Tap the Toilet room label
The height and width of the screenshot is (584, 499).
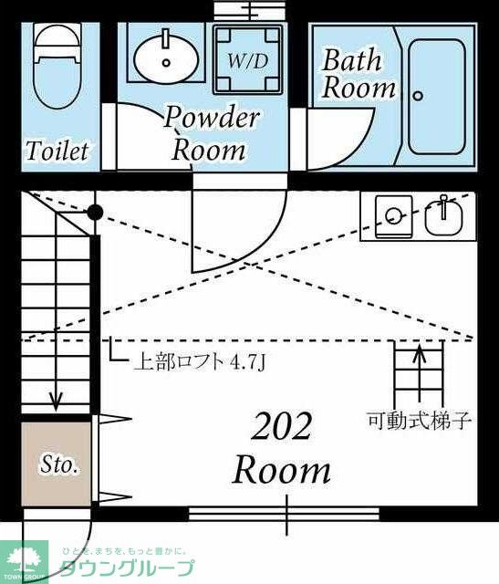click(x=57, y=151)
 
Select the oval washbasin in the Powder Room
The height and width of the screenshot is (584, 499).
click(x=166, y=57)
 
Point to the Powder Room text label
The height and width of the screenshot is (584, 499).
click(x=211, y=133)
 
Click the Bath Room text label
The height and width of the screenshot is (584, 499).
click(x=359, y=75)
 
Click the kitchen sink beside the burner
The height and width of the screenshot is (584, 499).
click(x=444, y=217)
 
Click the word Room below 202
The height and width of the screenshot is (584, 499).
click(x=281, y=471)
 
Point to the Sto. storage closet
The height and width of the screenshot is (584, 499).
click(x=58, y=464)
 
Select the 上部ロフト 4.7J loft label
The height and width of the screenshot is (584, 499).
click(x=200, y=362)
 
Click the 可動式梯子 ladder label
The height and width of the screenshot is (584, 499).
click(x=419, y=421)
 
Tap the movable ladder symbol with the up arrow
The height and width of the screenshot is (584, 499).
click(x=419, y=374)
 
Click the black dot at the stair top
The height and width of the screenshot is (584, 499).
click(x=94, y=213)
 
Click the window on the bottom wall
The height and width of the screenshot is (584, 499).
click(x=283, y=514)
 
